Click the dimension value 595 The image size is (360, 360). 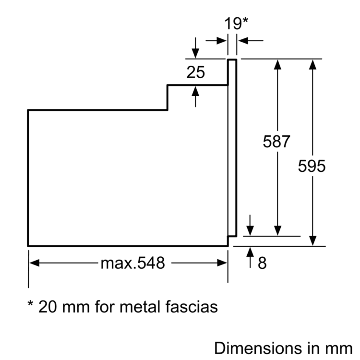[x=312, y=166]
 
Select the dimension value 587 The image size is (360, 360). [x=277, y=142]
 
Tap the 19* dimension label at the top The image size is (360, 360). [x=236, y=24]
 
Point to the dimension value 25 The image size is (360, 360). [x=195, y=72]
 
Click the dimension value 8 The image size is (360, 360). [x=262, y=264]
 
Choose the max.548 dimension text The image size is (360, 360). [x=132, y=263]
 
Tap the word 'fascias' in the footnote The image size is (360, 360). [x=192, y=306]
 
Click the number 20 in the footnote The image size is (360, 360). [x=48, y=306]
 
